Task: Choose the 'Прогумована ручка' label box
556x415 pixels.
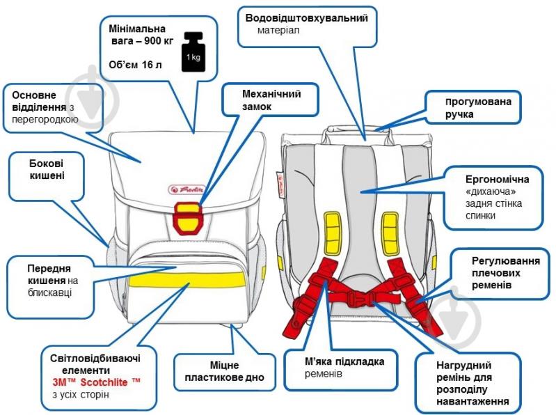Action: pos(469,107)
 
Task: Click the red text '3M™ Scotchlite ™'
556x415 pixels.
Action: pos(96,383)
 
